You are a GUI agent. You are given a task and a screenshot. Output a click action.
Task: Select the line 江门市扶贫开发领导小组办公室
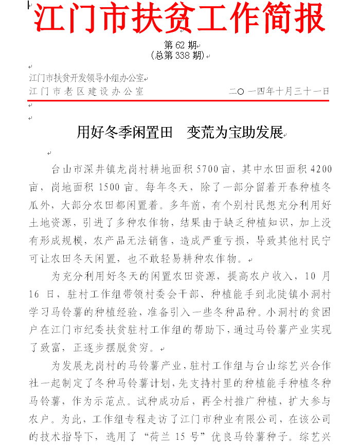[x=87, y=79]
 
